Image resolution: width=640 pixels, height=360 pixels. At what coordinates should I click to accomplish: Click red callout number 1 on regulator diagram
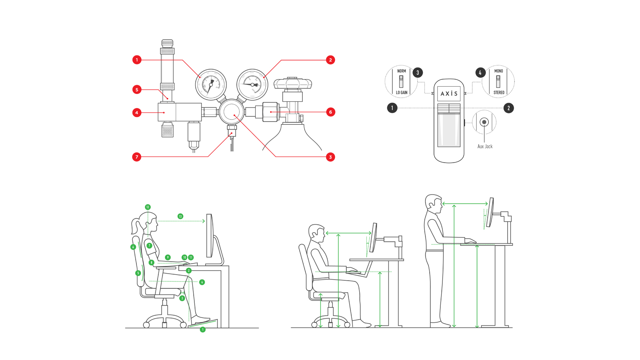tap(137, 60)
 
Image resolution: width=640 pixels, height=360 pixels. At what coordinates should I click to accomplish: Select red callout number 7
tap(137, 157)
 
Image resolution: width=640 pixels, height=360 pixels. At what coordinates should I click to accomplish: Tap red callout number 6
tap(330, 112)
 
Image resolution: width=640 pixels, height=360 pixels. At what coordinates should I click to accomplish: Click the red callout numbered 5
tap(137, 90)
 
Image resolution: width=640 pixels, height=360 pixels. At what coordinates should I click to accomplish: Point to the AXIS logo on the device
tap(449, 94)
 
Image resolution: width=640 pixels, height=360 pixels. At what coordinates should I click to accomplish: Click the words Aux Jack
tap(485, 146)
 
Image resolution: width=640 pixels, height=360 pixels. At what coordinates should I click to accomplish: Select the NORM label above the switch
tap(401, 71)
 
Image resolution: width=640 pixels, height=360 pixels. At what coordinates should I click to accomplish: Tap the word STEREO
tap(499, 93)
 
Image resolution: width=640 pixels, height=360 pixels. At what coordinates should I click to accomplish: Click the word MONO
tap(498, 71)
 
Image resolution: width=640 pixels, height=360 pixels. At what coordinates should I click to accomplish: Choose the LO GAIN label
tap(401, 93)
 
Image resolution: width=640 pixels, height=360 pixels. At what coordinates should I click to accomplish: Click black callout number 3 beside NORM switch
tap(418, 73)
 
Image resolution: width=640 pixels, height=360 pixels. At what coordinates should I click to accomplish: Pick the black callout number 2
tap(508, 108)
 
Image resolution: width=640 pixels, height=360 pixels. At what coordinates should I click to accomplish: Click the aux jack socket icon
tap(484, 122)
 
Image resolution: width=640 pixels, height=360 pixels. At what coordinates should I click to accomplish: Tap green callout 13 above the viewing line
tap(180, 216)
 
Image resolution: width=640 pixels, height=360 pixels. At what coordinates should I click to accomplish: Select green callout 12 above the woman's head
tap(148, 207)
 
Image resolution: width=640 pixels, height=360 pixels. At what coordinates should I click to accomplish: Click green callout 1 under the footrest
tap(203, 330)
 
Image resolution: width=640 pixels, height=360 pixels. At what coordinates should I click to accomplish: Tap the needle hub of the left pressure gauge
tap(211, 85)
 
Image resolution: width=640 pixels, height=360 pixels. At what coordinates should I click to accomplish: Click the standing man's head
tap(433, 202)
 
